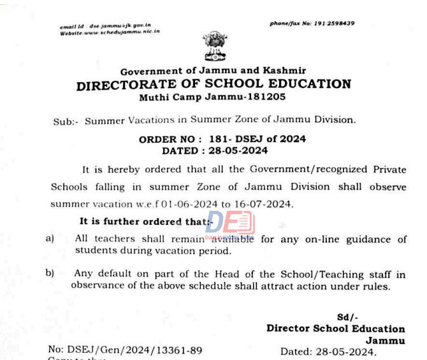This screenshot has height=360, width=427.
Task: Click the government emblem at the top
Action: [215, 46]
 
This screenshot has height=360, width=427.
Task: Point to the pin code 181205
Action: [264, 97]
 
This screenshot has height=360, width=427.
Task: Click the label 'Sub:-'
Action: [65, 120]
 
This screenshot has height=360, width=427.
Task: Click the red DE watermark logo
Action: [229, 225]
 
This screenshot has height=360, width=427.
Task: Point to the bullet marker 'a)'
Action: [50, 238]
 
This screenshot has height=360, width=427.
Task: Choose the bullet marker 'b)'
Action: [50, 273]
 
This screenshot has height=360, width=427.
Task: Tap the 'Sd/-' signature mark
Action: [348, 317]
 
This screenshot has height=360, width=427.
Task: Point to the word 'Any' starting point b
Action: [83, 274]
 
